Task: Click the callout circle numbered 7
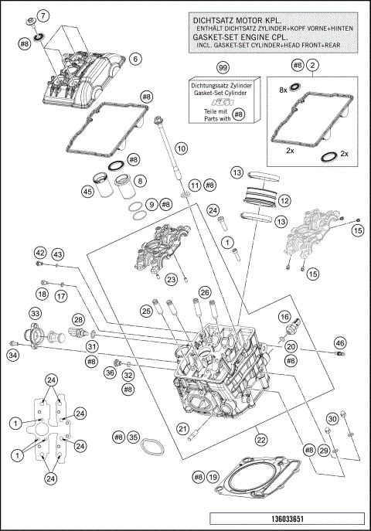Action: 43,15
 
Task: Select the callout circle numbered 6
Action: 134,58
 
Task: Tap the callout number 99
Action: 223,69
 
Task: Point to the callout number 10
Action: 181,147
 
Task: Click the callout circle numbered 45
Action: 89,192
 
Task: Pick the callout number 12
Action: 284,200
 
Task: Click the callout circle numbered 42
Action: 40,254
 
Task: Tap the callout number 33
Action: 35,313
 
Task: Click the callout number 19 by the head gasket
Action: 212,478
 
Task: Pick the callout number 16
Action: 284,316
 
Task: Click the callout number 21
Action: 183,429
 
